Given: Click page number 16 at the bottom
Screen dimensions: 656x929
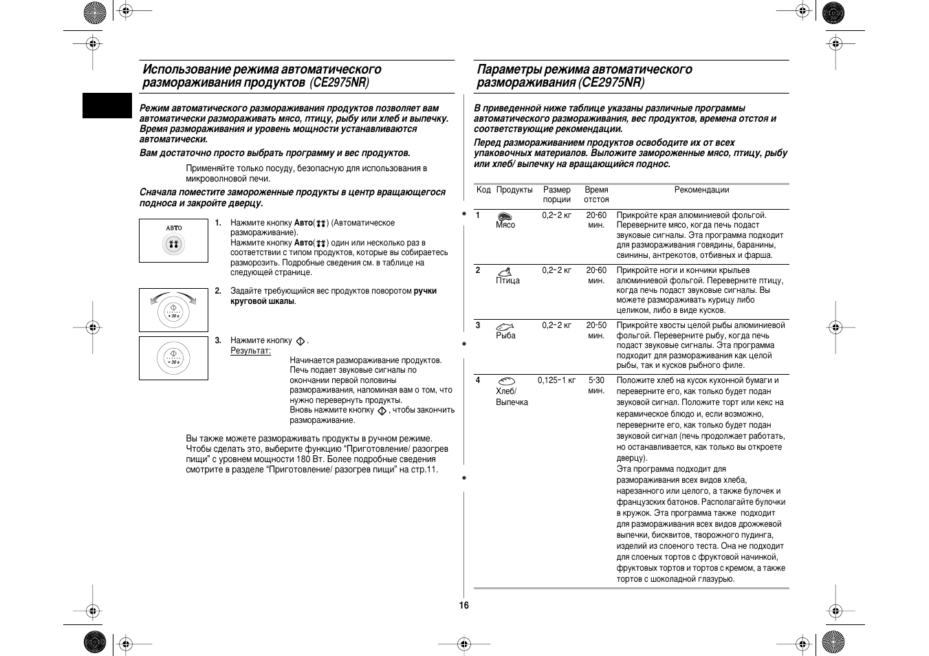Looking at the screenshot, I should (x=464, y=605).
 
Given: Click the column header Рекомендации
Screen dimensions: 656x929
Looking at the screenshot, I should (x=701, y=190).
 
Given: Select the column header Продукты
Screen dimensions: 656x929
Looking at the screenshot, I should (x=514, y=190).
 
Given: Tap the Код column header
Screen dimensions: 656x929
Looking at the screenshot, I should (x=483, y=190).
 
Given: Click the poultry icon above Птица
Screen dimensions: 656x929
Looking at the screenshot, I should (x=505, y=272).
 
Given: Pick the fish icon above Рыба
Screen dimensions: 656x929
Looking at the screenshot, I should (x=505, y=327).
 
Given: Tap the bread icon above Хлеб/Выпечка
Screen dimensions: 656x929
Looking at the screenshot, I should (x=506, y=381).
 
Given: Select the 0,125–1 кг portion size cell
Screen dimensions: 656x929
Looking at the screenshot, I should (x=556, y=380).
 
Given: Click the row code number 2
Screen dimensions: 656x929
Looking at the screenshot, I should (x=478, y=270).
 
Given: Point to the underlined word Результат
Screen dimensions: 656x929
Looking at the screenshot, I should (x=250, y=351).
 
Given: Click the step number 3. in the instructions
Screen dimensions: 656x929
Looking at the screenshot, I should (x=217, y=340).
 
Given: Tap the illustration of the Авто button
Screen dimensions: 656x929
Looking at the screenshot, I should (x=173, y=241).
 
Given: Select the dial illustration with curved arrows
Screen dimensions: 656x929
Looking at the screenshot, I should (x=173, y=310).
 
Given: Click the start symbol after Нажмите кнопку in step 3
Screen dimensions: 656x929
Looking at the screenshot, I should (x=300, y=341).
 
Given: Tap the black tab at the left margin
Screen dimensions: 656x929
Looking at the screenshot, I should (x=107, y=105).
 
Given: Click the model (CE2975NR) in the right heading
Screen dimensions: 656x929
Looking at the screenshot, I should (x=612, y=83).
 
